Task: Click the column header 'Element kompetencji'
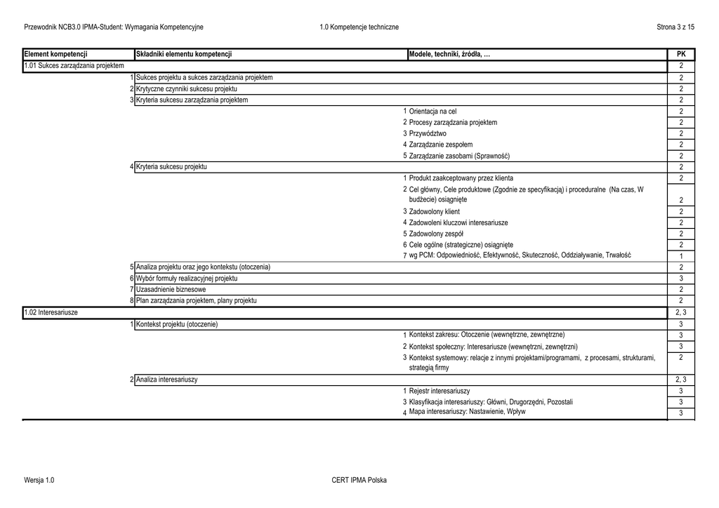(55, 54)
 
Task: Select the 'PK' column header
(680, 54)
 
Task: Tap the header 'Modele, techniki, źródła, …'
(449, 54)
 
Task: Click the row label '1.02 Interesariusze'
(51, 312)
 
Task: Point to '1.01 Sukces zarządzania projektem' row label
(74, 66)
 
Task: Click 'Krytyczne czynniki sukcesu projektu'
(186, 89)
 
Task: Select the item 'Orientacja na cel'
(433, 112)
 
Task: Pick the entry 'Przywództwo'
(428, 133)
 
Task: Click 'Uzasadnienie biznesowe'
(171, 289)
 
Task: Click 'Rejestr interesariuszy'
(440, 391)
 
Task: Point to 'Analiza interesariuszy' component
(166, 380)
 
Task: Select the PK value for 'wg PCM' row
(680, 256)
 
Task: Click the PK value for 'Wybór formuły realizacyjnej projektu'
(680, 279)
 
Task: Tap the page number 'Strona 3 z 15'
(675, 27)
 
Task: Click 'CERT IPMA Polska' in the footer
(359, 480)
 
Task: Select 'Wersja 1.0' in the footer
(39, 480)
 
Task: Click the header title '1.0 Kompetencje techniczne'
(359, 27)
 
